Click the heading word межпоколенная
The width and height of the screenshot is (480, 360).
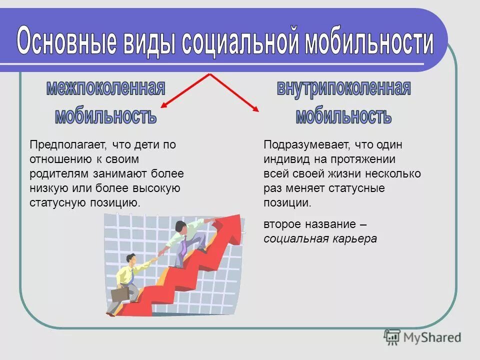point(105,88)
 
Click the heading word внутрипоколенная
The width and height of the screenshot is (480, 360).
point(343,89)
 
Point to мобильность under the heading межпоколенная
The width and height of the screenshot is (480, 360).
point(105,116)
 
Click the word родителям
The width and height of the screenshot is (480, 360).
point(59,174)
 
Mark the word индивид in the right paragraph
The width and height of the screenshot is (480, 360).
point(286,160)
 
